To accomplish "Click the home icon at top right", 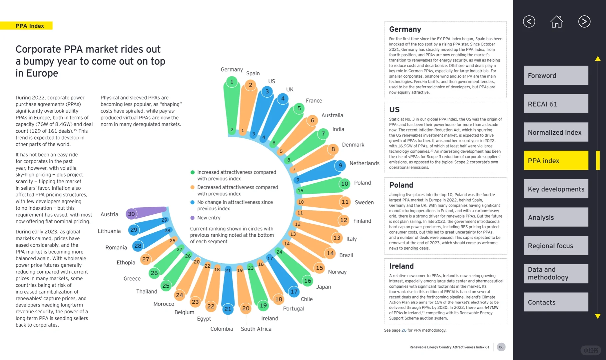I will point(556,22).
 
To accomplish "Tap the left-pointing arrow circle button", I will point(529,22).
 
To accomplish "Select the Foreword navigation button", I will point(556,75).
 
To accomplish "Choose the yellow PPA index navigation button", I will point(556,160).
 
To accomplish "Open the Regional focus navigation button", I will point(556,246).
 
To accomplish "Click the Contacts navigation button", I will point(556,302).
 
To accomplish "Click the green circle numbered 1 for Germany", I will point(232,81).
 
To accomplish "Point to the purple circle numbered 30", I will point(132,214).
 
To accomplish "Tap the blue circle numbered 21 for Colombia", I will point(228,309).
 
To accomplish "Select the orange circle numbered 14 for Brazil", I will point(330,253).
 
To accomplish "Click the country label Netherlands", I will point(364,163).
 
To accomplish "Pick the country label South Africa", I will point(256,329).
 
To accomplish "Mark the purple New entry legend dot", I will point(192,218).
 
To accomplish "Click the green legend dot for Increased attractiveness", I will point(192,172).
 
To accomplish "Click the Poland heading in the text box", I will point(401,185).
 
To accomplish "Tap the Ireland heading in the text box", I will point(401,266).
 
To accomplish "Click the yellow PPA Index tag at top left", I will point(29,26).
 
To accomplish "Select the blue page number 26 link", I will point(404,330).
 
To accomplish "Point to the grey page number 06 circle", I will point(501,347).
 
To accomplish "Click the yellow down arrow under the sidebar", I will point(598,316).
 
